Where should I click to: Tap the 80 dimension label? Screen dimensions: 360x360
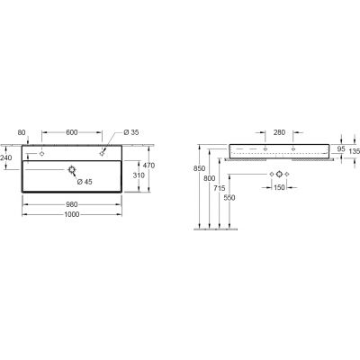[x=22, y=132]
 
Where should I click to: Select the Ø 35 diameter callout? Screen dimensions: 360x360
[x=130, y=132]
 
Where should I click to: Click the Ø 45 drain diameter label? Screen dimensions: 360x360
[x=85, y=184]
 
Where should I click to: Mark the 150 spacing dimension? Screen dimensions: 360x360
[x=280, y=189]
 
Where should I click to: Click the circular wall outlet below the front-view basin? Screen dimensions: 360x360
[x=280, y=173]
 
